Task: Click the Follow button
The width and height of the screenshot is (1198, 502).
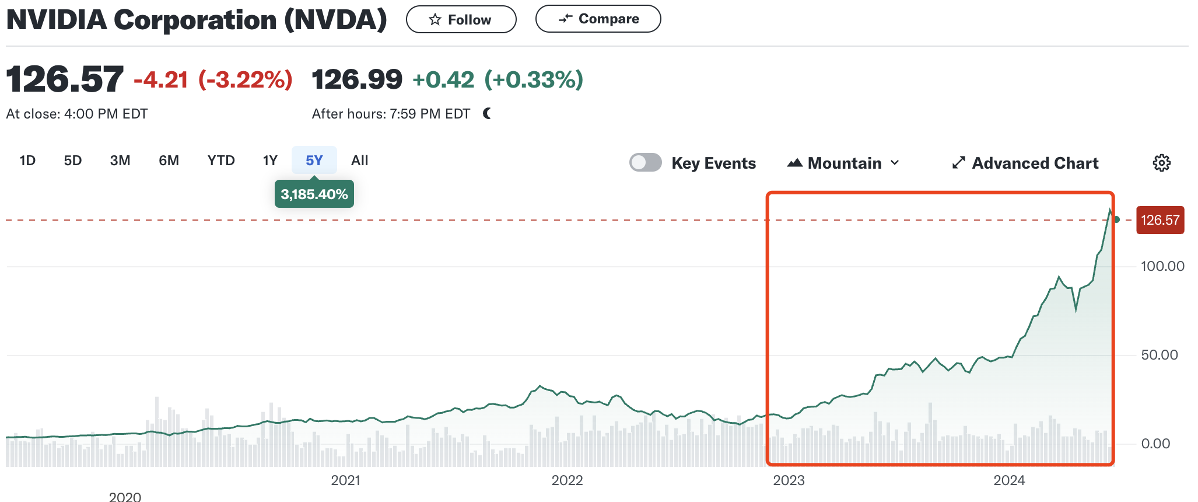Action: [x=461, y=20]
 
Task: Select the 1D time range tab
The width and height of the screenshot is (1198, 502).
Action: [x=27, y=161]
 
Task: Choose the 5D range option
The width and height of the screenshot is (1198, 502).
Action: [x=73, y=161]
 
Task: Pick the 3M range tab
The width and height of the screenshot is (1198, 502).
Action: [x=120, y=161]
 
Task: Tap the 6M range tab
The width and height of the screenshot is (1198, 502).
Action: [x=169, y=161]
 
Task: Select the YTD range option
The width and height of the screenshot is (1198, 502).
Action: [x=221, y=161]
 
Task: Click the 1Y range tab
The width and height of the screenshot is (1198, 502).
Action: [x=270, y=161]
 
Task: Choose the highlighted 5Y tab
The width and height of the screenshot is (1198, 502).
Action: [x=314, y=161]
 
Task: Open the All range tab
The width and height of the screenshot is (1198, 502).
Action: [x=359, y=161]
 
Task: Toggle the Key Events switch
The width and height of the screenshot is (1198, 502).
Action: [x=645, y=162]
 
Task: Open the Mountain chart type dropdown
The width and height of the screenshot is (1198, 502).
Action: [x=843, y=163]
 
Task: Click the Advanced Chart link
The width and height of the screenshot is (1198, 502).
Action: [x=1025, y=163]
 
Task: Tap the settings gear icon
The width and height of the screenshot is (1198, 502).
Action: [x=1161, y=163]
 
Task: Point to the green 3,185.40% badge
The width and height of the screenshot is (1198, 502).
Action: [x=314, y=194]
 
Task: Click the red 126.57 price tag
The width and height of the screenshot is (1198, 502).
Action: [x=1160, y=220]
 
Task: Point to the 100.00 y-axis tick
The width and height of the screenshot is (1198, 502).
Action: [x=1162, y=266]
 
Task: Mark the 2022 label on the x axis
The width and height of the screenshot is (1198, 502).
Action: [x=567, y=480]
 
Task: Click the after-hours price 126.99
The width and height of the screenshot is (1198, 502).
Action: [x=357, y=79]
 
